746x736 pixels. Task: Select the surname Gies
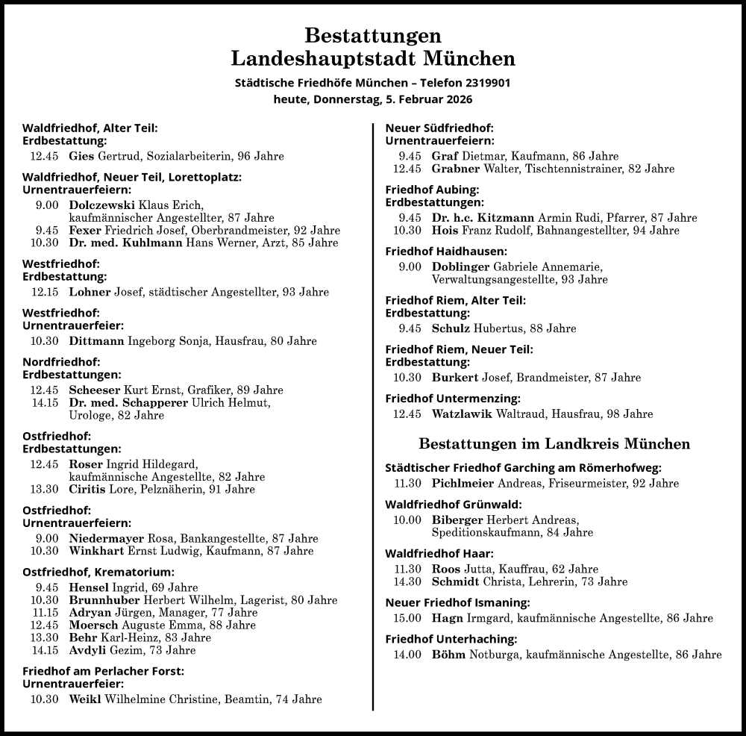(x=81, y=157)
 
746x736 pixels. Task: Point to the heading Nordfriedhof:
(x=57, y=362)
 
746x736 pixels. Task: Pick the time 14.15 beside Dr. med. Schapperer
(x=45, y=403)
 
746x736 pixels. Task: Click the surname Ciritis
(x=86, y=490)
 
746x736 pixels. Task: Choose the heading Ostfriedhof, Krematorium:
(x=98, y=573)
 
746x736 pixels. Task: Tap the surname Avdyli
(x=87, y=650)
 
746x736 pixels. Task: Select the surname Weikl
(x=85, y=699)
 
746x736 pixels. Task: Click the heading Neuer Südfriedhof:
(x=439, y=128)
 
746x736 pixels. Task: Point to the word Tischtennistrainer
(x=575, y=169)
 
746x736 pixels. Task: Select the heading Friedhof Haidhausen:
(x=445, y=252)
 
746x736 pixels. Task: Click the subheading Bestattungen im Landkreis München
(x=554, y=444)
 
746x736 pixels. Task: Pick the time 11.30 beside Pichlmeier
(x=407, y=483)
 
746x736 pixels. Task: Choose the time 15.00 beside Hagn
(x=407, y=618)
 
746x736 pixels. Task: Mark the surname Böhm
(x=448, y=655)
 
